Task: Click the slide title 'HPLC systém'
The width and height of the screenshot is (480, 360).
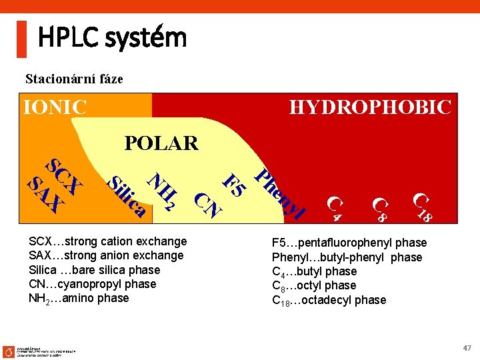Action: [x=112, y=38]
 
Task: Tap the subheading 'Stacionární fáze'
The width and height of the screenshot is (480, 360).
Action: [x=74, y=79]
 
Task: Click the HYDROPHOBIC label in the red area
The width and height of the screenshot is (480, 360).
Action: [x=370, y=107]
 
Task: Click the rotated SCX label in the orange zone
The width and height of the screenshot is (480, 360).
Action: [x=64, y=175]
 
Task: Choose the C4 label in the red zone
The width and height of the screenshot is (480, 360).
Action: [x=337, y=207]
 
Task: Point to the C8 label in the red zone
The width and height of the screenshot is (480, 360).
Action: [x=380, y=209]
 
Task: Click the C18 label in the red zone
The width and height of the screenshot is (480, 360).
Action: [x=423, y=207]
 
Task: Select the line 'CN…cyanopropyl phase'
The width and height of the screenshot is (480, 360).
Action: [x=92, y=284]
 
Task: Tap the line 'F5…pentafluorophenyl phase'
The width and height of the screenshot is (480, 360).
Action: [x=349, y=243]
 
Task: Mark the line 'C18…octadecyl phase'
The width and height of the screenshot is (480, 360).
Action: [x=329, y=300]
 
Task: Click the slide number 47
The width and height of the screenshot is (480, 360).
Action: [x=466, y=348]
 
